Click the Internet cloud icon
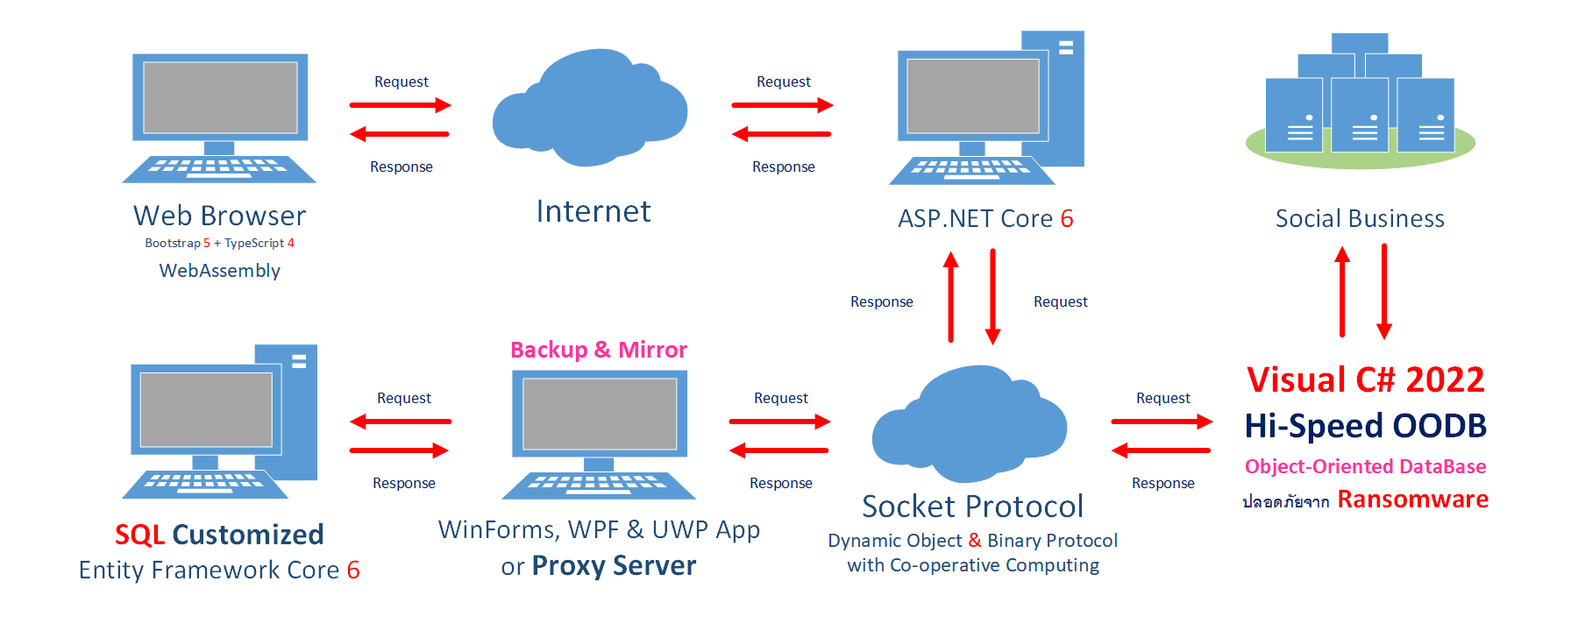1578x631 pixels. (x=589, y=108)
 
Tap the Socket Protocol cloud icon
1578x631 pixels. (x=970, y=424)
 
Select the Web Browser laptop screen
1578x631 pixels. (x=220, y=97)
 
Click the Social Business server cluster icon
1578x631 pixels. (x=1361, y=101)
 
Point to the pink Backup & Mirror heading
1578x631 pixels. (x=599, y=350)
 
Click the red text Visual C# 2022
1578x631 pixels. (x=1366, y=379)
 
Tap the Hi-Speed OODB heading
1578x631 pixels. (x=1366, y=426)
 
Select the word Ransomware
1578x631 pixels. (x=1413, y=499)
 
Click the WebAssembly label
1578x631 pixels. (x=220, y=271)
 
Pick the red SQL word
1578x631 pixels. (x=140, y=535)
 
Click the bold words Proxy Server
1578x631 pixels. (x=614, y=566)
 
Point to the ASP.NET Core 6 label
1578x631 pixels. (x=985, y=218)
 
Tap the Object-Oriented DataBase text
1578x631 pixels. (x=1366, y=466)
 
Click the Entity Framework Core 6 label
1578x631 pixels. (x=219, y=571)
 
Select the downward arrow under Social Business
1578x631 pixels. (x=1384, y=291)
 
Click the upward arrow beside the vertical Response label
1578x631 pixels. (x=951, y=297)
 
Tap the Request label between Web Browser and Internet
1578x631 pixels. (x=402, y=82)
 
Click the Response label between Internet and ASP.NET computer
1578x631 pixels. (x=784, y=167)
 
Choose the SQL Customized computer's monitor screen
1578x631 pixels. (x=206, y=409)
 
